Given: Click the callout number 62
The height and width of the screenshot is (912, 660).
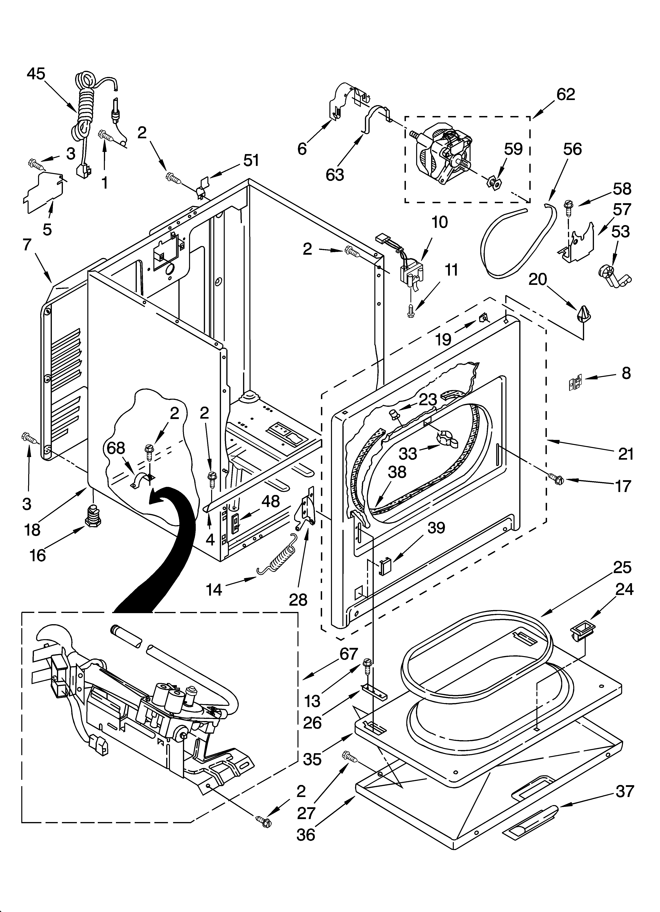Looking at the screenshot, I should tap(566, 94).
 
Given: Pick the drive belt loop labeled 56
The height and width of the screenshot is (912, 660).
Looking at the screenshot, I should tap(516, 241).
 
